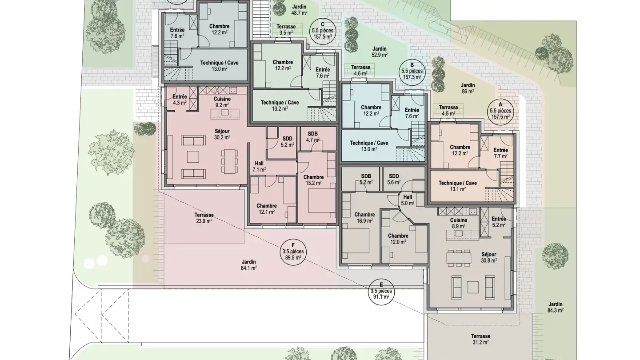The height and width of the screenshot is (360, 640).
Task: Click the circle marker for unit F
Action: pos(293,251)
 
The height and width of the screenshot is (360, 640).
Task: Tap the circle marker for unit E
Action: pos(381,291)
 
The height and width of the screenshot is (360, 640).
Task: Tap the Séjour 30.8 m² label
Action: pos(489,258)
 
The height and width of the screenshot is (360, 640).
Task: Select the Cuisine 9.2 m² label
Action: pos(221,102)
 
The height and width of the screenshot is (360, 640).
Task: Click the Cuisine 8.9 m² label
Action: pos(458,223)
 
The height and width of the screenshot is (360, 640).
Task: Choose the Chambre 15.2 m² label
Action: pos(313,180)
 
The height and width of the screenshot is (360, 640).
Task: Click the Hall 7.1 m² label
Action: pos(259,166)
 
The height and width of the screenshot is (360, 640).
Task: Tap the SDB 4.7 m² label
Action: pos(312,137)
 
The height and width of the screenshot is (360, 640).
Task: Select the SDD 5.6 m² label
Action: pos(394,179)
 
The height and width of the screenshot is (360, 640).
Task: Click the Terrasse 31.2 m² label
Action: pos(481,340)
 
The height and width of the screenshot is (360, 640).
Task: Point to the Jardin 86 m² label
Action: pos(468,88)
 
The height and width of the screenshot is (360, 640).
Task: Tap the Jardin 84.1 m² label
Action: pos(249,265)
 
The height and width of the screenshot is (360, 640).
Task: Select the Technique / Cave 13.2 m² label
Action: pos(280,105)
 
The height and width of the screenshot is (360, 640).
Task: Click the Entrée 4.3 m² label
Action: pos(180,100)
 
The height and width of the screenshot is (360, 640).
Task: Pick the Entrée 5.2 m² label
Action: pos(499,222)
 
